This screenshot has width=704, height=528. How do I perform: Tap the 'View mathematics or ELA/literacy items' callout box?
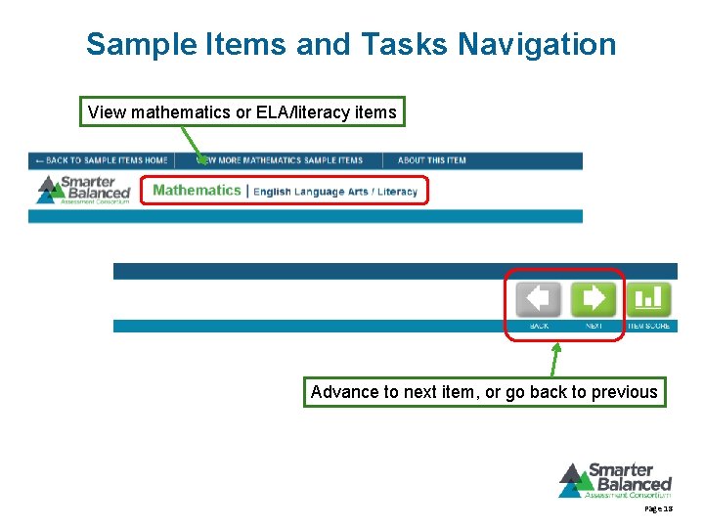click(242, 112)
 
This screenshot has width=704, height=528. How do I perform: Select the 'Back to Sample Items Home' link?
click(101, 160)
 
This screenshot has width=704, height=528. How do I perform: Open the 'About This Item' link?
click(432, 160)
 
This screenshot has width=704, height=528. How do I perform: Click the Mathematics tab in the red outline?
click(197, 190)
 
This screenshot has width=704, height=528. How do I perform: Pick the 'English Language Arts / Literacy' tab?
click(335, 191)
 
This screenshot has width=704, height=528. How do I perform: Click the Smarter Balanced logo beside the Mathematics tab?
click(83, 189)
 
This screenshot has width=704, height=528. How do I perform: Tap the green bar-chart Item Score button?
click(648, 298)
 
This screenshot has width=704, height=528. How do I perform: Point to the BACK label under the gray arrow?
click(539, 326)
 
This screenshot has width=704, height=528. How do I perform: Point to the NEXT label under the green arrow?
click(594, 326)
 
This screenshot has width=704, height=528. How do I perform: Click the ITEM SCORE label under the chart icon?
click(648, 326)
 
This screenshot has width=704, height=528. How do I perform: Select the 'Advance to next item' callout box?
click(484, 392)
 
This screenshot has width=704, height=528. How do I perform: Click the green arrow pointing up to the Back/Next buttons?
click(554, 359)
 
